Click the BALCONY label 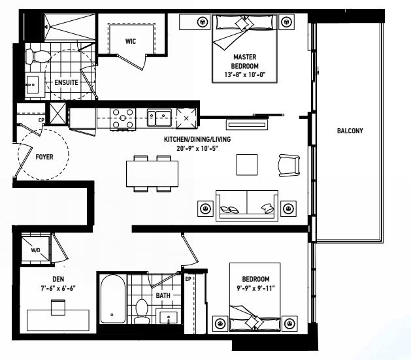pyautogui.click(x=350, y=131)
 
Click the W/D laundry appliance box pyautogui.click(x=36, y=249)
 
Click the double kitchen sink pyautogui.click(x=159, y=118)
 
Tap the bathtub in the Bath pyautogui.click(x=112, y=299)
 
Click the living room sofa pyautogui.click(x=247, y=205)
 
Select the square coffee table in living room pyautogui.click(x=248, y=164)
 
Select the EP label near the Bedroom pyautogui.click(x=188, y=280)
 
